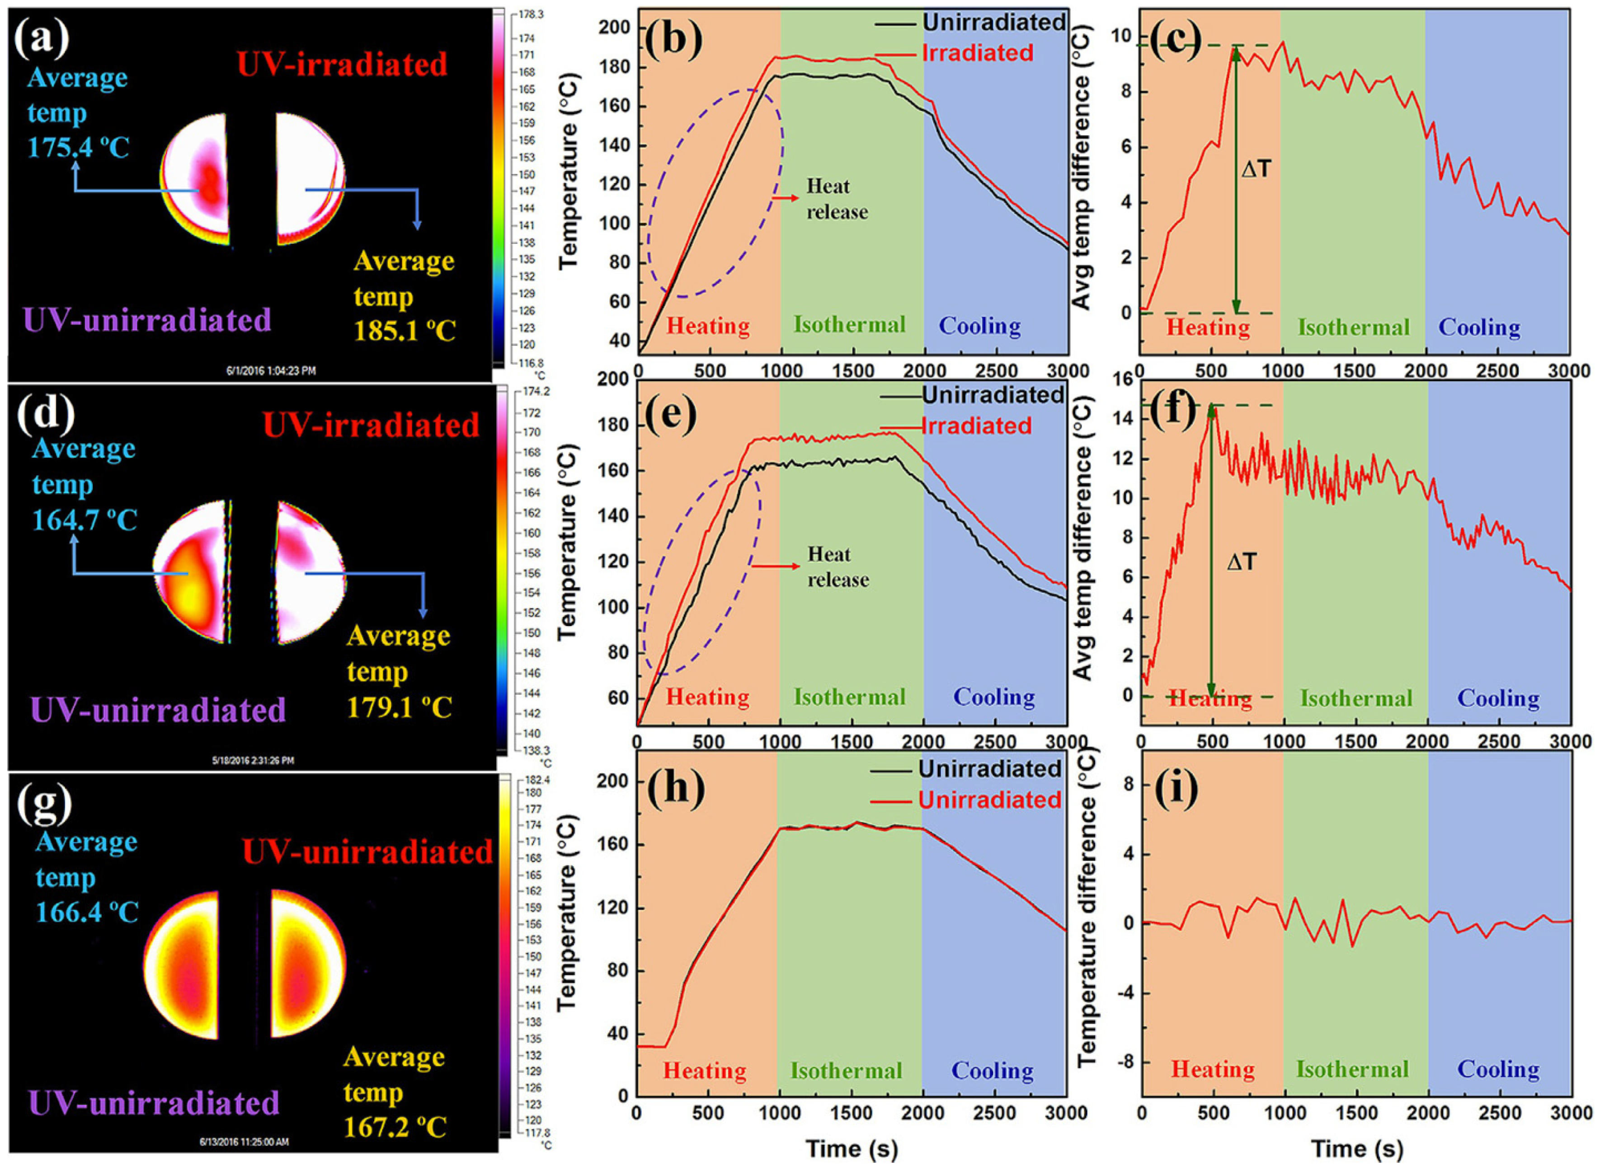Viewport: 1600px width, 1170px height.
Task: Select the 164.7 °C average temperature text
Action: pyautogui.click(x=85, y=520)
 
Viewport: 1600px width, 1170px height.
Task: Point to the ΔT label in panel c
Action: pyautogui.click(x=1256, y=169)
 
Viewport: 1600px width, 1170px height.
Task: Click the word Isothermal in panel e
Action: pyautogui.click(x=849, y=697)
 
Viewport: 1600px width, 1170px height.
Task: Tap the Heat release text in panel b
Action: pyautogui.click(x=836, y=199)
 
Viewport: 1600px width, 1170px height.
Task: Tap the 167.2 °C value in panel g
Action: pyautogui.click(x=396, y=1127)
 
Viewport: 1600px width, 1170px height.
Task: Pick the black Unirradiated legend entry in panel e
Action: pyautogui.click(x=992, y=394)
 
